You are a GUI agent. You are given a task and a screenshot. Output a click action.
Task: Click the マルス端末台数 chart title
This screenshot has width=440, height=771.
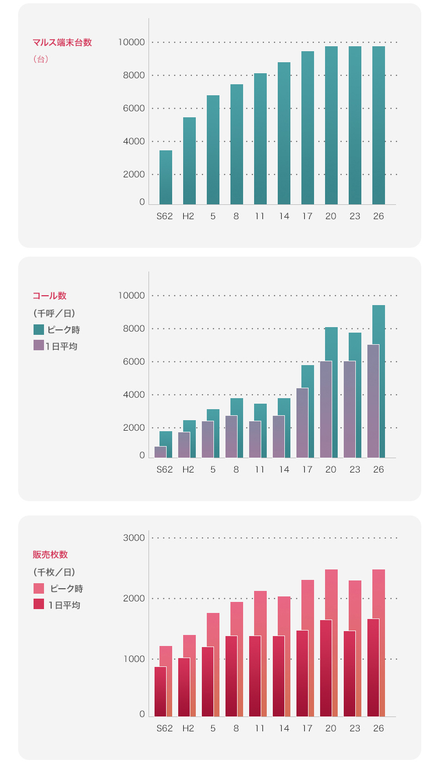pos(62,42)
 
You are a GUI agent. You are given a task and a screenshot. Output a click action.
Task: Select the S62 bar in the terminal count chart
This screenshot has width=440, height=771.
pos(166,177)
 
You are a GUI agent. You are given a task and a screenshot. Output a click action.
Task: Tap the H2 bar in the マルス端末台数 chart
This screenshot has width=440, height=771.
pos(189,161)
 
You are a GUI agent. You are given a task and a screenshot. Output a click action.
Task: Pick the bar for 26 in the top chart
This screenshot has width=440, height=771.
pos(378,126)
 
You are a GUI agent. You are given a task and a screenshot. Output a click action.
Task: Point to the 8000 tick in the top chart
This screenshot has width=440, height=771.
pos(134,75)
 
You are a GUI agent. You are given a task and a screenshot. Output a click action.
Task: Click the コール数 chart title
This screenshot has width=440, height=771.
pos(50,296)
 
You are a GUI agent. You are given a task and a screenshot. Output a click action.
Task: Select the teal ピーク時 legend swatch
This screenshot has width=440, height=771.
pos(38,329)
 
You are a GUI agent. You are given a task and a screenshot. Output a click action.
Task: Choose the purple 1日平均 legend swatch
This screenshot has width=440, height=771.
pos(38,345)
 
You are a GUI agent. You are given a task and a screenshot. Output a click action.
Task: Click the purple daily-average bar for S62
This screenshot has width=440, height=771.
pos(160,452)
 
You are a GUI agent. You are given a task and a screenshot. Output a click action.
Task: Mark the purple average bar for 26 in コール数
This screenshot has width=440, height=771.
pos(373,401)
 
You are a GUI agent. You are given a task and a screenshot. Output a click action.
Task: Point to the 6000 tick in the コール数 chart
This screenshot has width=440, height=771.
pos(134,362)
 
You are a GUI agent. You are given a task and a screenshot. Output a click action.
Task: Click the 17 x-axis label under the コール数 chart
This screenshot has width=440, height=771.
pos(307,469)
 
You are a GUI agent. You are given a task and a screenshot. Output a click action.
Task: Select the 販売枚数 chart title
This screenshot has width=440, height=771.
pos(50,555)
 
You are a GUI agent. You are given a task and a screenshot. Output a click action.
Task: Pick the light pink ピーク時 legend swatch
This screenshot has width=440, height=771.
pos(38,588)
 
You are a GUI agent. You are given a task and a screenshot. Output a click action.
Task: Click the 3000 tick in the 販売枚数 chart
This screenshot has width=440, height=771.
pos(134,538)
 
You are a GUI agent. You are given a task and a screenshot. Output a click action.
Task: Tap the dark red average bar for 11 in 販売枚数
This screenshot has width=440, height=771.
pos(255,676)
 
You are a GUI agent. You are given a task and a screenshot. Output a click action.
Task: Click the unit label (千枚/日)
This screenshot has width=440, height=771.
pos(54,572)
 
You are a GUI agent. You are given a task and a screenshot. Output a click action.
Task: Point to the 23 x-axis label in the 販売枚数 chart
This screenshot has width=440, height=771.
pos(355,728)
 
